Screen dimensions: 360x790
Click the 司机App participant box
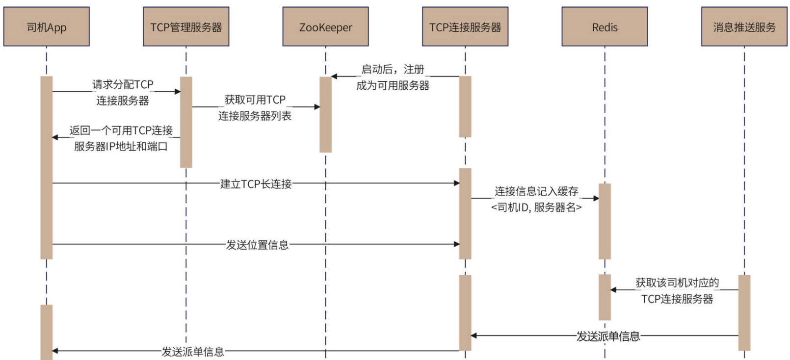47,27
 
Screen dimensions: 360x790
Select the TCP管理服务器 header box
186,27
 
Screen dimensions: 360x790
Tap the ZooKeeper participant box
325,27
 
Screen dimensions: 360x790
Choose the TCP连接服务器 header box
465,27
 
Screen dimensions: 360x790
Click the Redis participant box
605,27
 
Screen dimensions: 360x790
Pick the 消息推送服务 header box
744,27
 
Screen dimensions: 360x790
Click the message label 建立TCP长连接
256,184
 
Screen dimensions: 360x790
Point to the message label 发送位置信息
257,245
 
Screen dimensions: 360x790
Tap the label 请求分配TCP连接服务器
123,92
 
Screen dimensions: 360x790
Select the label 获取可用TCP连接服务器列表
255,107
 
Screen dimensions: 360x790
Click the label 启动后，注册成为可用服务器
393,77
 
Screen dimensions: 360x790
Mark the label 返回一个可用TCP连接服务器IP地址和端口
121,138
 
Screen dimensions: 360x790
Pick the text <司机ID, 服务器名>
536,207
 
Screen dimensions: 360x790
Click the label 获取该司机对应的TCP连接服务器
677,290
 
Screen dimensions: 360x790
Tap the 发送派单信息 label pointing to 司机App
193,352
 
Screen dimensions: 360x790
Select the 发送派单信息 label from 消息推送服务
608,336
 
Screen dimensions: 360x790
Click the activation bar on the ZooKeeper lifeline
325,114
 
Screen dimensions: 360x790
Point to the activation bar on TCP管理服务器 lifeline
186,122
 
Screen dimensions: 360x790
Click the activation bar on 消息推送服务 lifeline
744,312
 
